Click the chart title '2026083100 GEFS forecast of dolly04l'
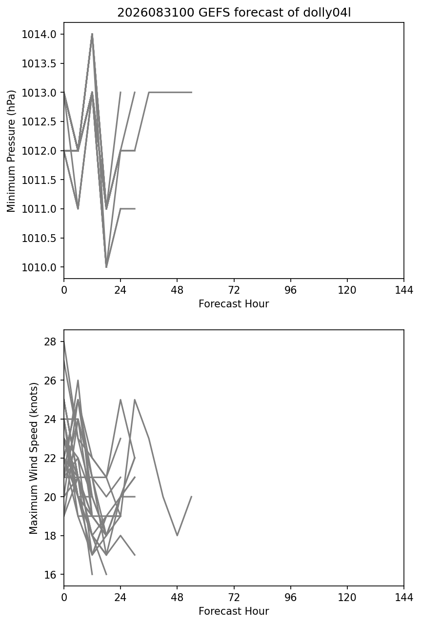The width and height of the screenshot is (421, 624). click(x=234, y=13)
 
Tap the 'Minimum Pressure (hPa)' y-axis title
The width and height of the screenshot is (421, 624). click(x=11, y=151)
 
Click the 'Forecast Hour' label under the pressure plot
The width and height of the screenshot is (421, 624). click(x=234, y=303)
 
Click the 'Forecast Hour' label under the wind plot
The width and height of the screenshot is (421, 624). click(x=234, y=611)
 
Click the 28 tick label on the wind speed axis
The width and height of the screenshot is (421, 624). click(x=50, y=342)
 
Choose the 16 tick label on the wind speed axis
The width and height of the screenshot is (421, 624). click(x=50, y=574)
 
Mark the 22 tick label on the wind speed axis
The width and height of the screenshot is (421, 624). click(x=50, y=458)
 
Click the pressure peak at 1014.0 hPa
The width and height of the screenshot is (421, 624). click(x=92, y=34)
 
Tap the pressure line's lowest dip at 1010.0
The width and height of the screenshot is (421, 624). click(x=106, y=266)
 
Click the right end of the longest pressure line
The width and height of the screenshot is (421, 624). click(x=191, y=92)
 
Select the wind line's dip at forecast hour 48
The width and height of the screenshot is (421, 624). click(x=177, y=535)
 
